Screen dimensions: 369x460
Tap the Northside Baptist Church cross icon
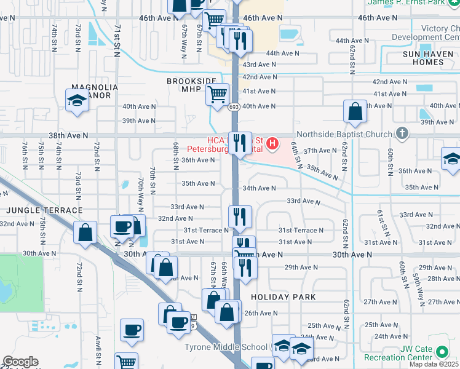(402, 133)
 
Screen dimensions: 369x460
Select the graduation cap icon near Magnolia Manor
(77, 100)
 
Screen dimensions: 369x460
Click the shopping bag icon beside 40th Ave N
(355, 112)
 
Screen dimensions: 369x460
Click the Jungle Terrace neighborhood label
(44, 210)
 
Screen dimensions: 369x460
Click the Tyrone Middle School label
(228, 347)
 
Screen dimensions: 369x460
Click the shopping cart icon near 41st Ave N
(218, 95)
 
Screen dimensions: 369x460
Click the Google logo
(20, 362)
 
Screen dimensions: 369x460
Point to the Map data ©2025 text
(434, 364)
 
